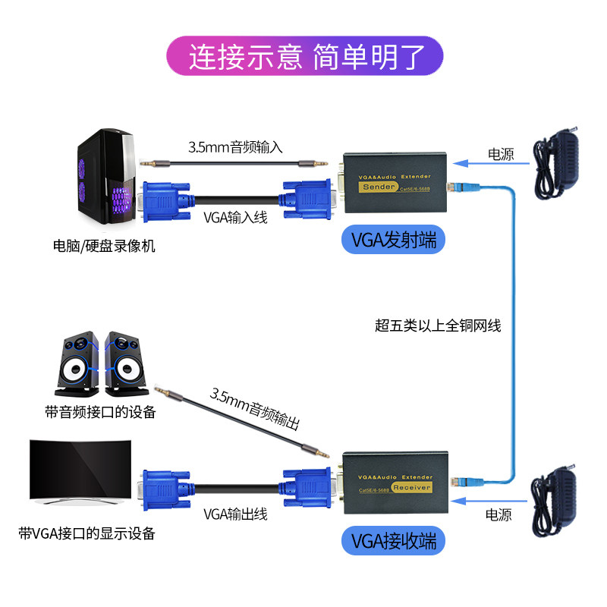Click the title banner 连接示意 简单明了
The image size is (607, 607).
[303, 55]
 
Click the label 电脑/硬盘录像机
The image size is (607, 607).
[104, 247]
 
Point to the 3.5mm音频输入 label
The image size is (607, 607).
[235, 147]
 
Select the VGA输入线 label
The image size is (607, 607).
[235, 218]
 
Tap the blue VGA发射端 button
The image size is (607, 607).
[393, 241]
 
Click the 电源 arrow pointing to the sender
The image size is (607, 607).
[483, 161]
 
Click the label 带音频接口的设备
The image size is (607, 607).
[100, 413]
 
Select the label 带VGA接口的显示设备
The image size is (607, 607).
[86, 533]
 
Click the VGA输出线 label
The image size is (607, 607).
[235, 514]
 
